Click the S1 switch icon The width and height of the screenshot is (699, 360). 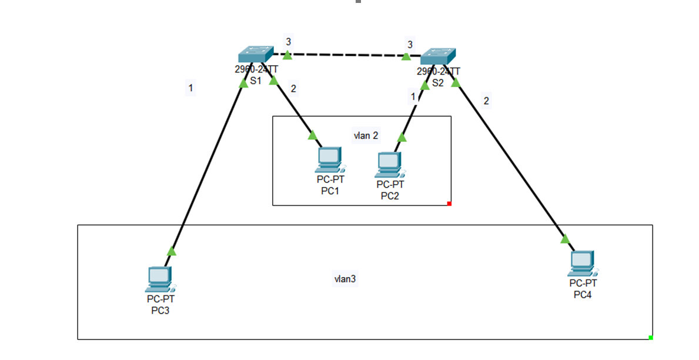point(255,55)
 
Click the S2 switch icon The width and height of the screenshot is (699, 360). point(437,56)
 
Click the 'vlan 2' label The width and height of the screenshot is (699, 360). point(366,136)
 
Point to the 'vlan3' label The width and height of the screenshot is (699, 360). point(345,279)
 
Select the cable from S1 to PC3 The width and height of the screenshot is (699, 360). point(206,171)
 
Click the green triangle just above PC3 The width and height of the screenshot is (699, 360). point(172,251)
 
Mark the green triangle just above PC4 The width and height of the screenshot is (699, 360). point(565,239)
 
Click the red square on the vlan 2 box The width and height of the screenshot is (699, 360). point(449,204)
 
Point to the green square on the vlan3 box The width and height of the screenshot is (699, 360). point(651,337)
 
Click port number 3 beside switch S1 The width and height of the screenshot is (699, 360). point(288,42)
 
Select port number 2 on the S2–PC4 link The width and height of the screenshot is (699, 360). point(486,101)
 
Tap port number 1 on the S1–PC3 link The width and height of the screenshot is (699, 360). point(190,89)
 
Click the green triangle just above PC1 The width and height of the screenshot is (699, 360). point(313,135)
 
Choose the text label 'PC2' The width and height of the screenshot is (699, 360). point(390,196)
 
